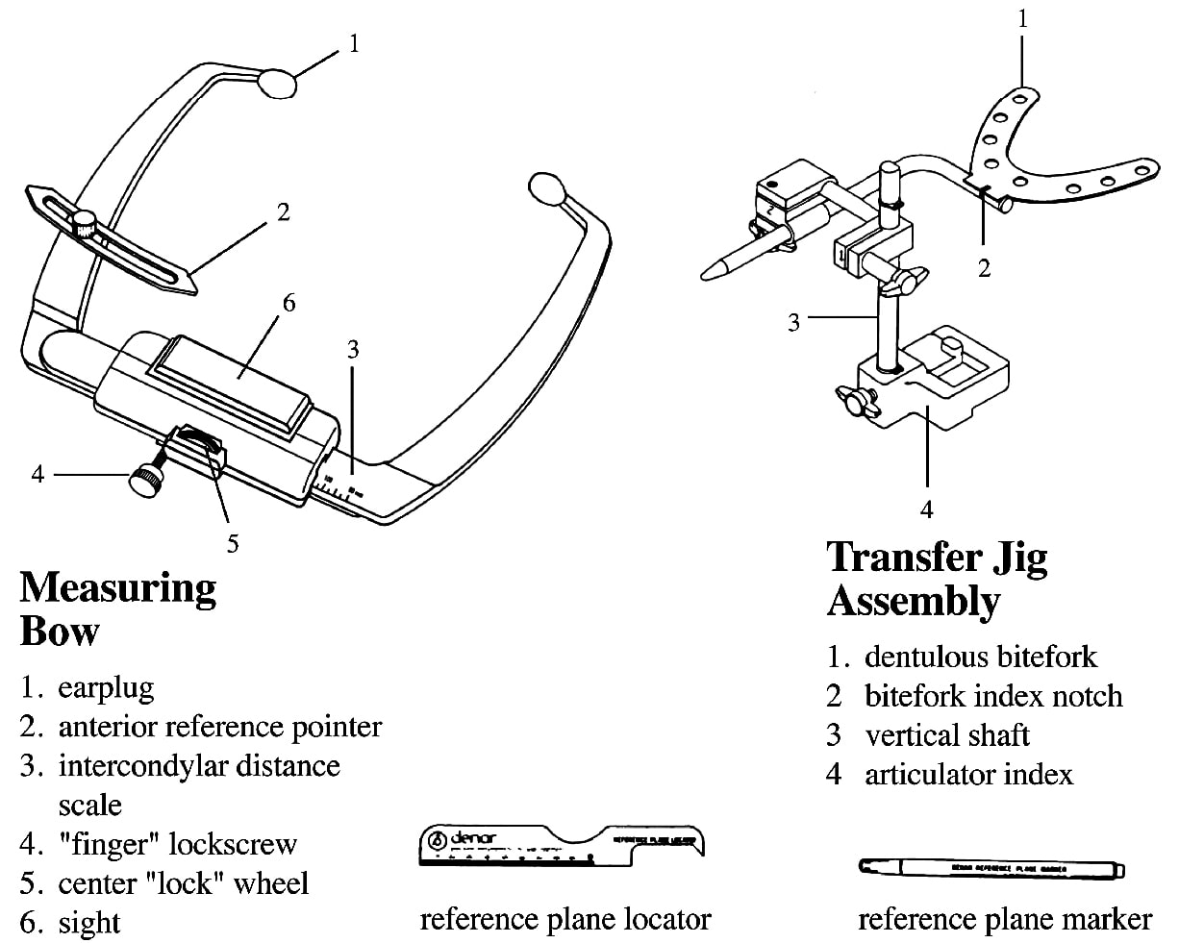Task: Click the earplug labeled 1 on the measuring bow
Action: (x=278, y=83)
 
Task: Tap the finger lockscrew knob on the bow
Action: (x=146, y=481)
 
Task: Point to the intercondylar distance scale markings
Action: (x=336, y=484)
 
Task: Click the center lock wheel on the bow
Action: (x=198, y=442)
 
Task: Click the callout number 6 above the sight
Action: (x=288, y=304)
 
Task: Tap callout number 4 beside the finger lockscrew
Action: (x=38, y=473)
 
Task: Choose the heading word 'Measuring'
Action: (x=117, y=587)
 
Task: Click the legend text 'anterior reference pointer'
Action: (x=219, y=727)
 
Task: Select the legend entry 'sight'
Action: (x=89, y=923)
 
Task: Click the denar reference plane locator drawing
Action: (x=563, y=846)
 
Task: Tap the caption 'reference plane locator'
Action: (x=565, y=919)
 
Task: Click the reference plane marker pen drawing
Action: (x=991, y=868)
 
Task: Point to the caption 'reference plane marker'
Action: (x=1004, y=919)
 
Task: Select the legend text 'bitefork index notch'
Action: (x=993, y=695)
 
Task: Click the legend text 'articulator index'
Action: (x=968, y=774)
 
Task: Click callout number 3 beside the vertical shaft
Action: (x=793, y=322)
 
